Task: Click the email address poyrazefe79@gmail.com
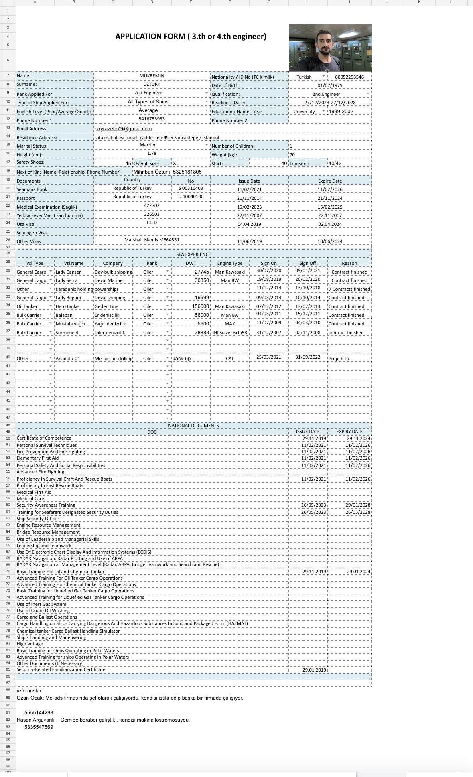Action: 123,129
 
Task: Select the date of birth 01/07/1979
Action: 330,85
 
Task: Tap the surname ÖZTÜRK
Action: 152,84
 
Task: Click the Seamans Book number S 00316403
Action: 191,188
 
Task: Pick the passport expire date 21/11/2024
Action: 330,198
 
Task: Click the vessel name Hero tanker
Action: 68,306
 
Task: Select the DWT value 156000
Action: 200,306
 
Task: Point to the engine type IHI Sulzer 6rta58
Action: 230,333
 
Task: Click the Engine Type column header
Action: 230,263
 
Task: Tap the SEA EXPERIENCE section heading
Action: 193,254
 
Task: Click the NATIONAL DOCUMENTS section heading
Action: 193,426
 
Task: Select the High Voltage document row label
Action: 30,644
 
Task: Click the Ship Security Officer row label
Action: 38,519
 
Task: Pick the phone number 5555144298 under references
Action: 39,713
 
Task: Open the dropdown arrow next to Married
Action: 207,145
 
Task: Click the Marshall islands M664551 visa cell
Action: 152,240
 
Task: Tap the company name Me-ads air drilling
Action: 113,359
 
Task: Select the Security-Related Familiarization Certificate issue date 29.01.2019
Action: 314,670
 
